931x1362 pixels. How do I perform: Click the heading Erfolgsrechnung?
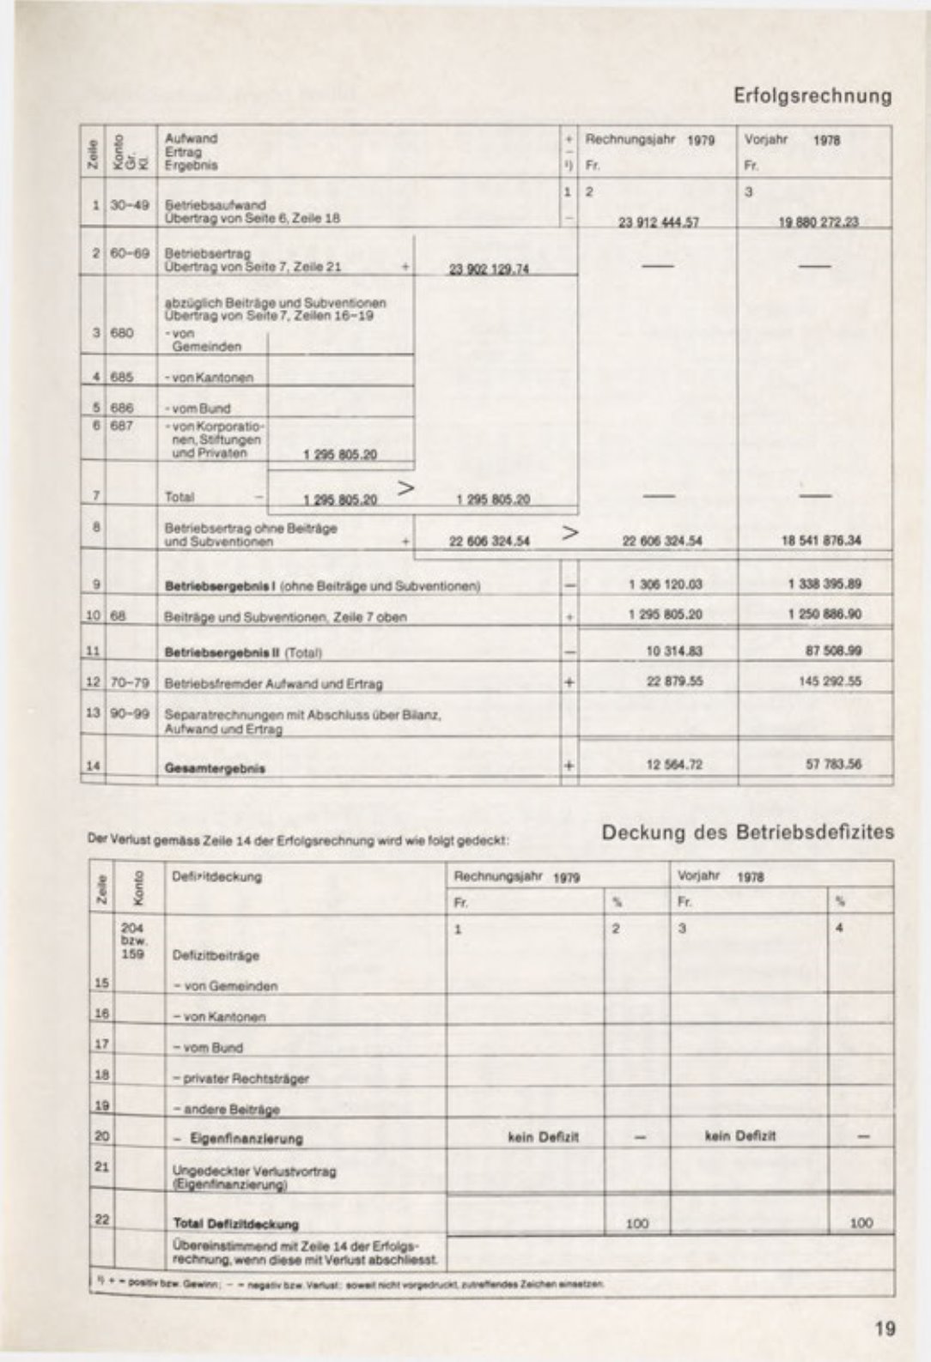812,95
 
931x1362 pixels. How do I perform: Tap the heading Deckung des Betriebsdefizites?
747,832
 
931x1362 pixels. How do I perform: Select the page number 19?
885,1329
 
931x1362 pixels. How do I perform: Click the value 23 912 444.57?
659,221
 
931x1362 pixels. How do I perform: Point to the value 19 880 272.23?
818,221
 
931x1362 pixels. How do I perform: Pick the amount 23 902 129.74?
489,269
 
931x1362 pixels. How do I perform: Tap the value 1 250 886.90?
824,614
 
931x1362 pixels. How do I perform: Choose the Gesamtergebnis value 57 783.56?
833,764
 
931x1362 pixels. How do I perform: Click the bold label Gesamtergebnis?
215,768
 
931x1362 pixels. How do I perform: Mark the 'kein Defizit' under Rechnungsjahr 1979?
544,1137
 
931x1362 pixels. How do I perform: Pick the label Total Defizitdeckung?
236,1224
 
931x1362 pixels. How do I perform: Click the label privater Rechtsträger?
241,1078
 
